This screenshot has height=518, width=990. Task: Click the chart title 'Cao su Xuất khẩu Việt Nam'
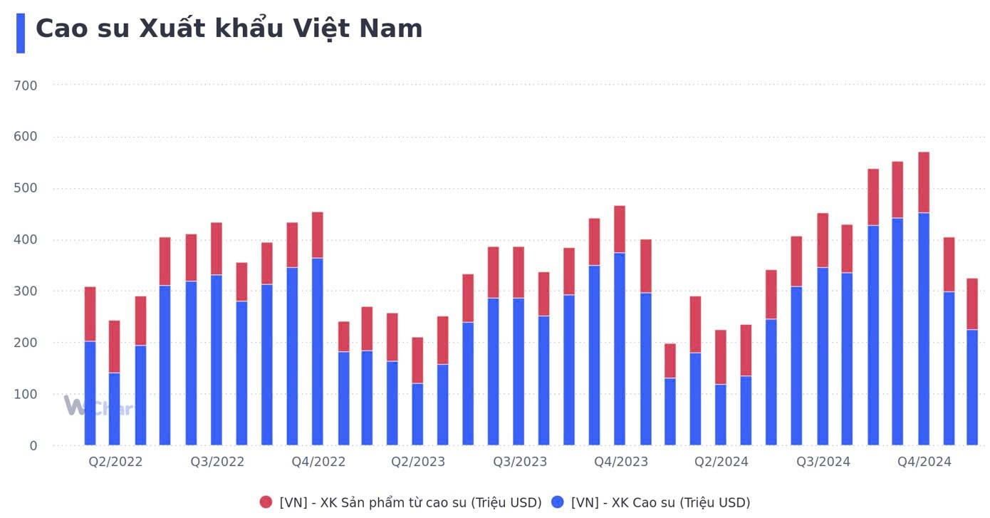pos(229,29)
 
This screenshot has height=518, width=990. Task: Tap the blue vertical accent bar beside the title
pos(21,33)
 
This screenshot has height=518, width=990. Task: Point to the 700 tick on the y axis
pos(25,86)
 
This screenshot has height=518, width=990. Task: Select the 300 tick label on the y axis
pos(25,291)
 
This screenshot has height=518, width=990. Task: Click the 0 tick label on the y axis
pos(33,446)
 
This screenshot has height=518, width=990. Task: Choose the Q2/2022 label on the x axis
pos(115,462)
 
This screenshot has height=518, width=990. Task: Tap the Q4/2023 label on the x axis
pos(621,462)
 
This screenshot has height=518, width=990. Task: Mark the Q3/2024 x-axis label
pos(823,462)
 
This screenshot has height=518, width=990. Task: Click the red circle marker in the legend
pos(266,502)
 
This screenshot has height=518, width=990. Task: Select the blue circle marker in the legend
pos(558,502)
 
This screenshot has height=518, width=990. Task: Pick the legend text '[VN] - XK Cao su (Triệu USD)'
pos(660,502)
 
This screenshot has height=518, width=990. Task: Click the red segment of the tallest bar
pos(924,182)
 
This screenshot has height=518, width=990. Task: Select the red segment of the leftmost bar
pos(90,314)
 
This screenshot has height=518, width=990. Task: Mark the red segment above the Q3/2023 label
pos(519,272)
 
